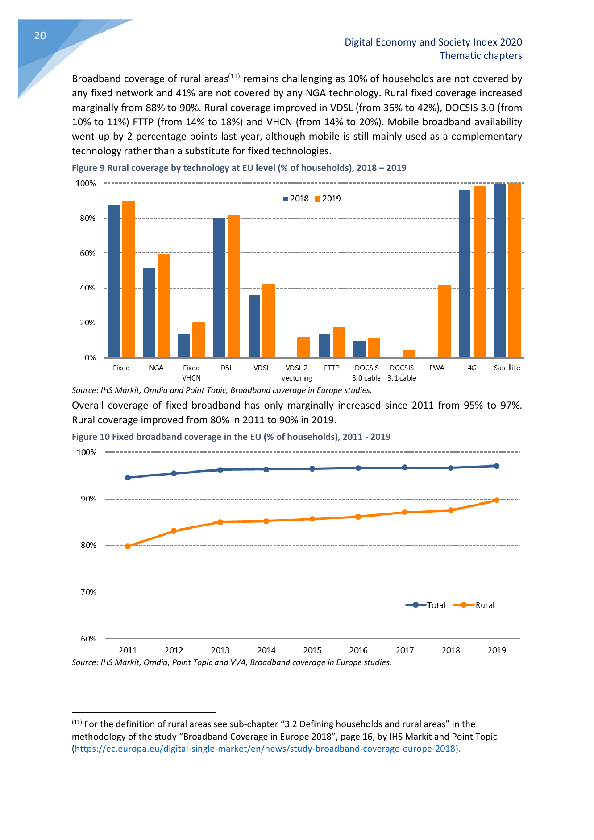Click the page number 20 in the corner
point(40,36)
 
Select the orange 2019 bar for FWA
point(444,321)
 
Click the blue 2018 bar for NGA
point(149,312)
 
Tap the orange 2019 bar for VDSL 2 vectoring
point(303,348)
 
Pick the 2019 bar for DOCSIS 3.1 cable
point(409,354)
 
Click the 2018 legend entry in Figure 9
point(296,199)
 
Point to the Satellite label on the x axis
point(507,368)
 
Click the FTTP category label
point(332,368)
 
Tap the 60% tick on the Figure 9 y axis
point(87,253)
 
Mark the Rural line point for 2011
point(128,546)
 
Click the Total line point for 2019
point(497,466)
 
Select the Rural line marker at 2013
point(220,522)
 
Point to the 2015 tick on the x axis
point(312,650)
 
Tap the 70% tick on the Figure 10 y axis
point(88,592)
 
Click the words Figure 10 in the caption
point(91,437)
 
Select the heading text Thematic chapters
point(481,56)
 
